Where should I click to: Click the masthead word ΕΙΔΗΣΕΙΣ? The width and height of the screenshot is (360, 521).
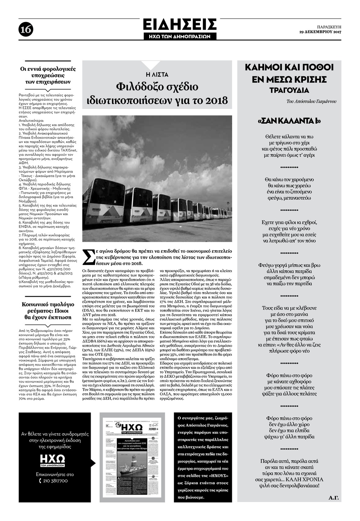[x=180, y=25]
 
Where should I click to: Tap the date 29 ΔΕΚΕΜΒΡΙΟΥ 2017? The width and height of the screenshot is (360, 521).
[x=320, y=32]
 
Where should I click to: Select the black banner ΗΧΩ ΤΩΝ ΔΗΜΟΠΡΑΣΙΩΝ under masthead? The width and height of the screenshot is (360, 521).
[x=180, y=36]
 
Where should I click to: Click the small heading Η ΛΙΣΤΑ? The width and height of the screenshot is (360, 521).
[x=157, y=75]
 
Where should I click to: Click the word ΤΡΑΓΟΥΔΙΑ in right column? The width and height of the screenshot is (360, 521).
[x=289, y=90]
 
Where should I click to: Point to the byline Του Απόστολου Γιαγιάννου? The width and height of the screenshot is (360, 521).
[x=311, y=102]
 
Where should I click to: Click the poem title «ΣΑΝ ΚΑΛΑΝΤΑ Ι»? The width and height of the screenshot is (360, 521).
[x=289, y=121]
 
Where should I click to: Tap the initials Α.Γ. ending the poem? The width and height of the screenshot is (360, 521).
[x=334, y=498]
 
